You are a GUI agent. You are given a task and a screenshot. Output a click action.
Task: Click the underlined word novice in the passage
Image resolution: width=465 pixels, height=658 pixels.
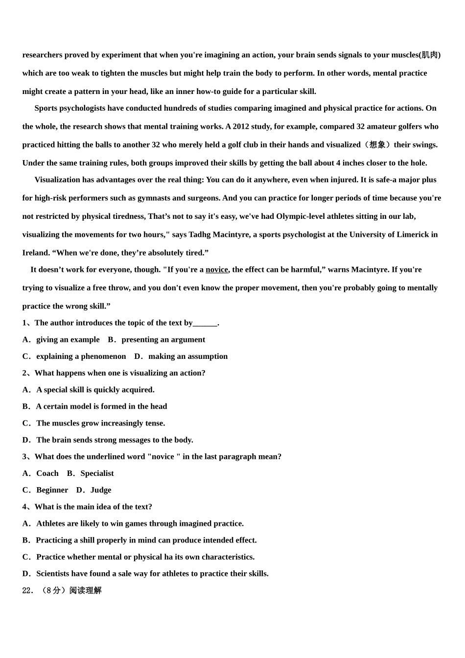[x=217, y=270]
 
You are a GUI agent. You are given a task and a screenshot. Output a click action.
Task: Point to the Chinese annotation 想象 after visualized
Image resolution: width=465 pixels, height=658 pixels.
[x=377, y=145]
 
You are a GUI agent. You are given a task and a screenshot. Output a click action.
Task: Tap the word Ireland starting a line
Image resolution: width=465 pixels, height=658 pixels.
[x=36, y=253]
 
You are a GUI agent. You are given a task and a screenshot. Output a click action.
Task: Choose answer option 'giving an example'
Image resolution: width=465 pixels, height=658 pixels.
[x=68, y=340]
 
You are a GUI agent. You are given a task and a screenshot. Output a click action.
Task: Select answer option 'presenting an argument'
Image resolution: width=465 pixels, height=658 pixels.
[x=163, y=340]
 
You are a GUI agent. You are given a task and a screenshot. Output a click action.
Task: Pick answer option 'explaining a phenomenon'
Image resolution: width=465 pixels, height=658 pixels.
[x=81, y=356]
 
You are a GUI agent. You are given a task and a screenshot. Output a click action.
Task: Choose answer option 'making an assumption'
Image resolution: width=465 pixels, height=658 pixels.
[x=188, y=356]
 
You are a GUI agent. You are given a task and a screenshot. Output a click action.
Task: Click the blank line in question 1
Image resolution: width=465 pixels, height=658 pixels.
[x=205, y=323]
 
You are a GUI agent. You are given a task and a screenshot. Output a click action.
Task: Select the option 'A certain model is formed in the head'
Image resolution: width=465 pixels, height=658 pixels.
[x=101, y=406]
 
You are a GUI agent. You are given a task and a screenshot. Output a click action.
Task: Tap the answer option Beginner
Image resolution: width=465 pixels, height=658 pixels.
[x=52, y=490]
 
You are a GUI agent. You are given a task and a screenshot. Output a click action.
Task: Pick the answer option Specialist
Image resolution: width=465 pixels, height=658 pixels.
[x=97, y=473]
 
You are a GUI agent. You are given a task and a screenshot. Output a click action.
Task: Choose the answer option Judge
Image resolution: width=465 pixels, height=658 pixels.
[x=101, y=490]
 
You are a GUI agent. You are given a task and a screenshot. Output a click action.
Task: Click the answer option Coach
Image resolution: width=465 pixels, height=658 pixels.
[x=47, y=473]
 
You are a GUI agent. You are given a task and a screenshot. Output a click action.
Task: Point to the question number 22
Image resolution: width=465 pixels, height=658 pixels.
[x=27, y=590]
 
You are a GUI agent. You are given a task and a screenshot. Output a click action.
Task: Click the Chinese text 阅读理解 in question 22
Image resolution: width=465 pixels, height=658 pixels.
[x=86, y=590]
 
